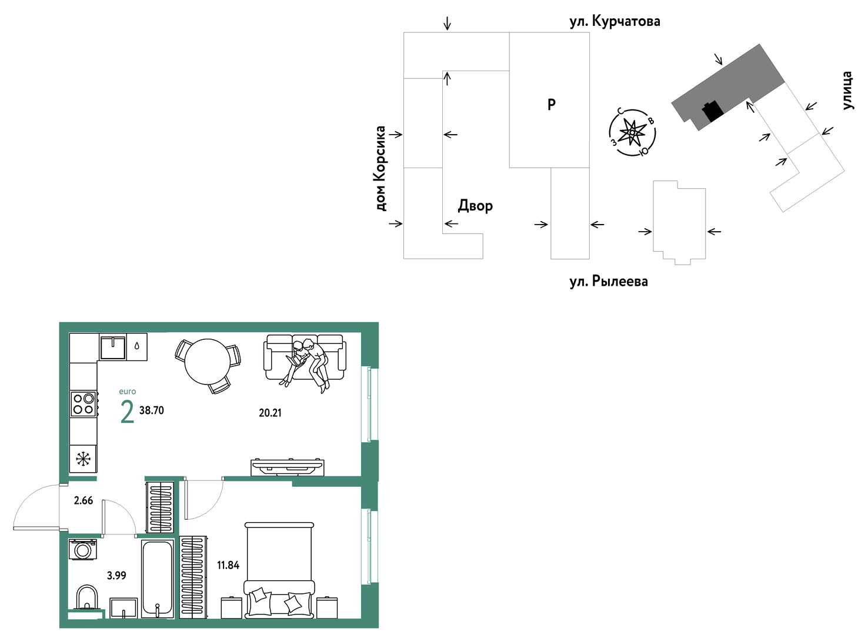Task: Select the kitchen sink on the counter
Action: point(113,348)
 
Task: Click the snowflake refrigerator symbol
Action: point(83,460)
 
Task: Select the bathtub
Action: point(157,579)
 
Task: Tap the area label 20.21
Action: point(270,413)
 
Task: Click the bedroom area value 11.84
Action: point(228,565)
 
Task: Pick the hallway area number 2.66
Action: point(84,500)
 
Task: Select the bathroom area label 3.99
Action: point(116,576)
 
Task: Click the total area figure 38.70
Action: point(152,410)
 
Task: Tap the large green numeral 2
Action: point(127,412)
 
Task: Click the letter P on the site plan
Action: point(552,104)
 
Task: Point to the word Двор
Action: point(476,205)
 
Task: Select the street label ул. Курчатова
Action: point(615,21)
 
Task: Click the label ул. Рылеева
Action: point(609,281)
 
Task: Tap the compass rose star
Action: point(632,132)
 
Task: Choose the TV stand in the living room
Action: point(288,467)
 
